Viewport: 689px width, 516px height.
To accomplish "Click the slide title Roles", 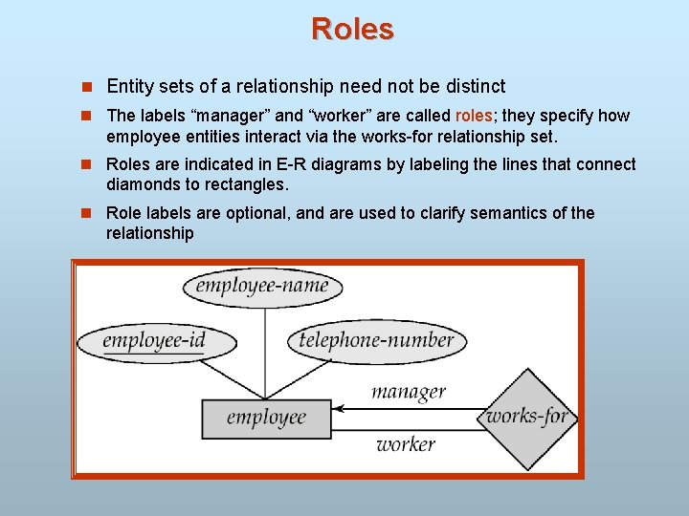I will click(x=351, y=29).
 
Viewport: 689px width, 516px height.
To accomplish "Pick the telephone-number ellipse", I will click(x=376, y=340).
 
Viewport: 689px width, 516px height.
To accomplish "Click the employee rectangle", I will click(x=266, y=417).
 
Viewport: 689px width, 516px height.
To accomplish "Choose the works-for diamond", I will click(x=527, y=417).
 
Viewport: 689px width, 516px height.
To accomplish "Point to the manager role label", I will click(x=408, y=391).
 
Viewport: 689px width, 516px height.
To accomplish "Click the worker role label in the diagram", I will click(x=405, y=444).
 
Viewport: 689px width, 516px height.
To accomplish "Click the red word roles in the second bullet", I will click(x=474, y=116).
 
